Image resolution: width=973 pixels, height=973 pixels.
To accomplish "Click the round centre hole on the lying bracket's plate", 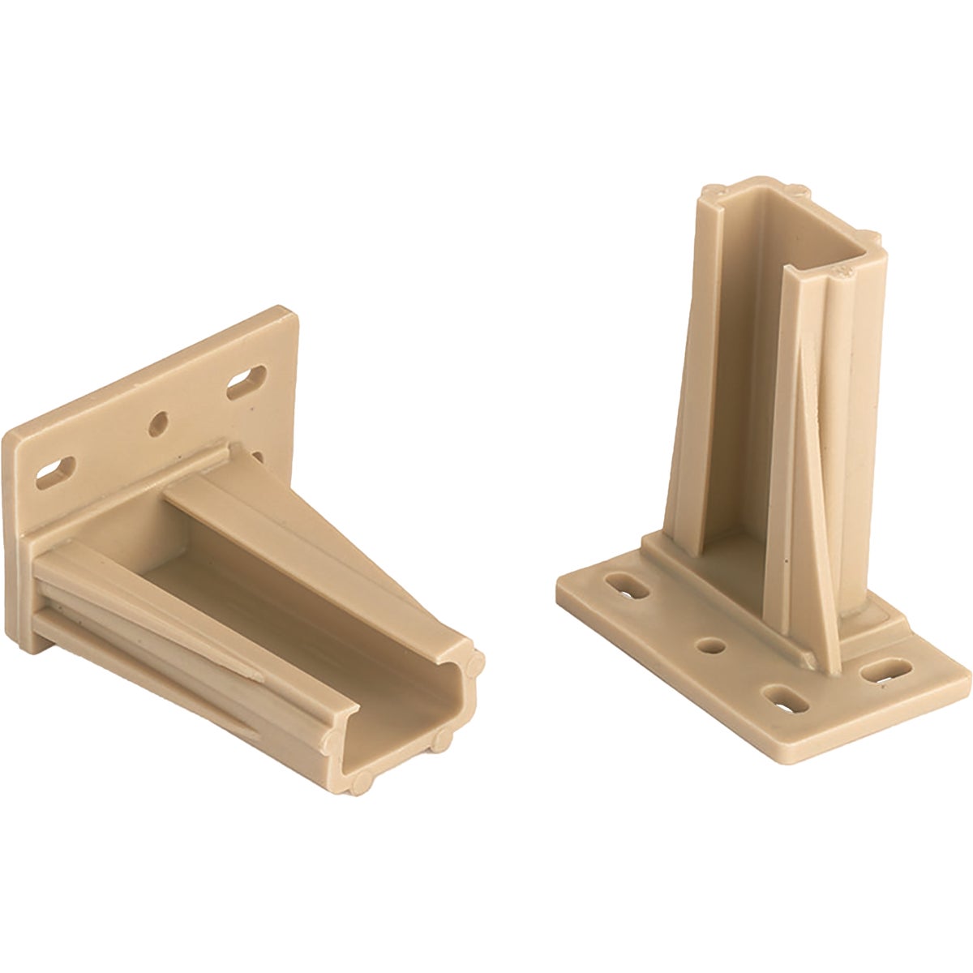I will (160, 422).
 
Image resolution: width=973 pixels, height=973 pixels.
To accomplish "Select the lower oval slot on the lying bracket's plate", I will (56, 471).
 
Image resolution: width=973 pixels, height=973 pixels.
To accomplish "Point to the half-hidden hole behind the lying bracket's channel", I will (257, 459).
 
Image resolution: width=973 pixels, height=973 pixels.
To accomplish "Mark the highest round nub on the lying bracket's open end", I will (476, 659).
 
